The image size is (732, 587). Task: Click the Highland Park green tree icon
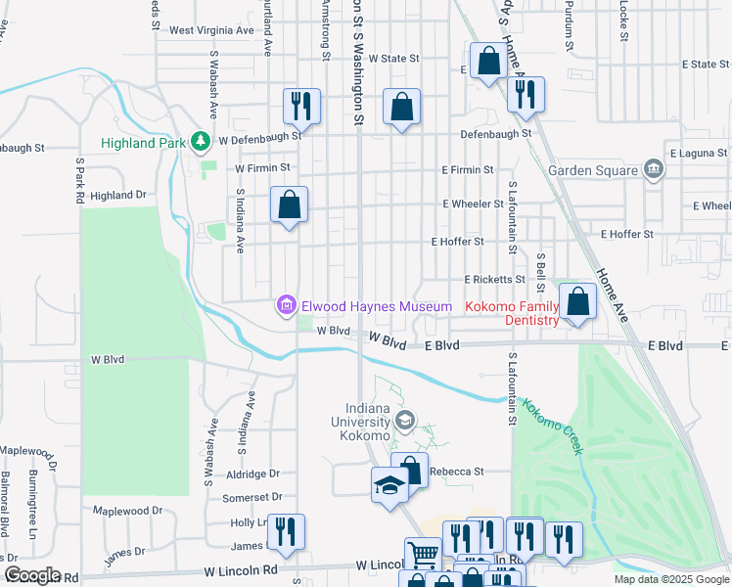201,143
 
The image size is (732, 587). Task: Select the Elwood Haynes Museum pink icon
286,307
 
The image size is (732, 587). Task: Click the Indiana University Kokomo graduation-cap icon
404,423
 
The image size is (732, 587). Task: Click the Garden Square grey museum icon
654,170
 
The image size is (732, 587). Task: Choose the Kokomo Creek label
554,427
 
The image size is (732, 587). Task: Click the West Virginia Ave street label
211,30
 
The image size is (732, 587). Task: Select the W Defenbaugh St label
259,140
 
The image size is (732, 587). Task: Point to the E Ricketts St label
494,279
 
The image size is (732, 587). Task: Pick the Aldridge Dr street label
253,474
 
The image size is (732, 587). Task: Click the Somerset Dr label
252,498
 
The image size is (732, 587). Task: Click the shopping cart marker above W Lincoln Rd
423,554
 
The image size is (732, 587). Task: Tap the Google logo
32,575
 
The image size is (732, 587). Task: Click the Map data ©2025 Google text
669,579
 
